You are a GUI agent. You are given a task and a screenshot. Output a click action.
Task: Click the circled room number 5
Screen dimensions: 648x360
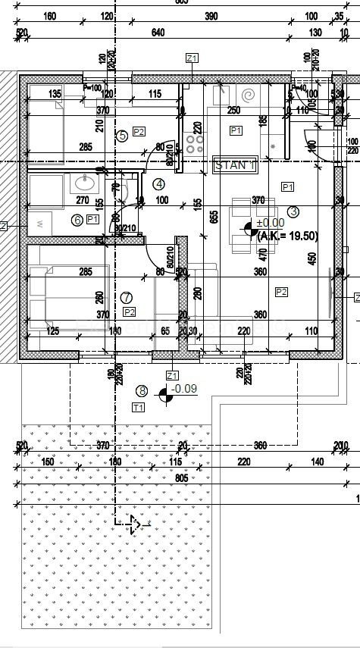point(122,136)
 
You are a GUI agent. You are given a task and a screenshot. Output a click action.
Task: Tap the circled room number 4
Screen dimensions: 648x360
point(158,183)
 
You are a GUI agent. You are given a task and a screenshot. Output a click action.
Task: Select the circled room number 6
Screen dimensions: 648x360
point(77,220)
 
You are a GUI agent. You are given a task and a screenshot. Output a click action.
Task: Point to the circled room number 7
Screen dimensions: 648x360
point(126,298)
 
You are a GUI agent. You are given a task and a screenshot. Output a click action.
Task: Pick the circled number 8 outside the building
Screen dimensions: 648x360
point(142,391)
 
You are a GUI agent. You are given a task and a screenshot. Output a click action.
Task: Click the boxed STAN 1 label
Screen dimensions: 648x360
point(236,164)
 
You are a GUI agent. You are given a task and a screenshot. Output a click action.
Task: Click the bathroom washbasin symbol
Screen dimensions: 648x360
point(83,183)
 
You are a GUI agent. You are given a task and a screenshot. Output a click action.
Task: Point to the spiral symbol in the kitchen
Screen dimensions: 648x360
point(248,96)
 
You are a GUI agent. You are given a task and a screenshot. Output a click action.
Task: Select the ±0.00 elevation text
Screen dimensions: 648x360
point(269,223)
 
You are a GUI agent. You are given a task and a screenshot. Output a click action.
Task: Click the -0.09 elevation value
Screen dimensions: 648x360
point(183,390)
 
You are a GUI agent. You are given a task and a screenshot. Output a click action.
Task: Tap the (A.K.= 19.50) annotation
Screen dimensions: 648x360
point(287,236)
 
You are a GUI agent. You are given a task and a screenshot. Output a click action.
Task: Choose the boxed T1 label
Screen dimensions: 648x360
point(138,408)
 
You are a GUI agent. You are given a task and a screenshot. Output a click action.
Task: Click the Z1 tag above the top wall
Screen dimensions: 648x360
point(192,58)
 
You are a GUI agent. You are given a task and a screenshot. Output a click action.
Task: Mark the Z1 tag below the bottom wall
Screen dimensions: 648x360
point(171,375)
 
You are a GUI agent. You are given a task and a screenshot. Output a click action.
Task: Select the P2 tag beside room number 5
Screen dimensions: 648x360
point(139,131)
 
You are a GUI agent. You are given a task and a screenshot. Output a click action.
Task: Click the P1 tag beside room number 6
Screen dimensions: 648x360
point(92,219)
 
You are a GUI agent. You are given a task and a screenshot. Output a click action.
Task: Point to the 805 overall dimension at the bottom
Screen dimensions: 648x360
point(180,479)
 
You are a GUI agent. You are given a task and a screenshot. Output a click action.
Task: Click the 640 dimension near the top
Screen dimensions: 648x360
point(158,33)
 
